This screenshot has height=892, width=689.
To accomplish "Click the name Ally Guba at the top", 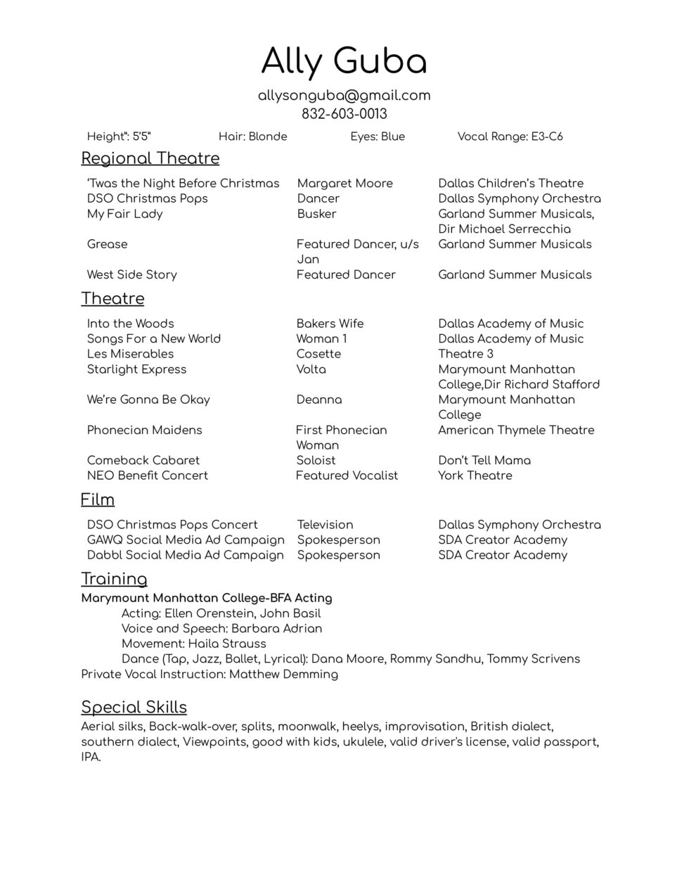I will click(x=344, y=61).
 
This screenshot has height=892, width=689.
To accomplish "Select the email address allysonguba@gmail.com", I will click(x=344, y=96).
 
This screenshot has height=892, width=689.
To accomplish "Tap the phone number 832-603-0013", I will click(x=344, y=114).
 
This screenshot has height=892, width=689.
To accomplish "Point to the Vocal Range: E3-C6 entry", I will click(x=510, y=136).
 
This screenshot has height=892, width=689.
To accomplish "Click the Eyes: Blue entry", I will click(x=378, y=136).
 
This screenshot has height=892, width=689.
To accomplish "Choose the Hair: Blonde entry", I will click(x=252, y=136).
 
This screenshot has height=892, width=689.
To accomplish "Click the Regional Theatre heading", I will click(x=150, y=158).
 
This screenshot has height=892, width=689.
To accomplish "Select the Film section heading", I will click(x=97, y=499).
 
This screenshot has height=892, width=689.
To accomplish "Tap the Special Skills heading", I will click(x=134, y=707).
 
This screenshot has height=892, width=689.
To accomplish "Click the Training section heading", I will click(x=114, y=579).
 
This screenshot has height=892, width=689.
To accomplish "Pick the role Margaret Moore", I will click(x=344, y=184).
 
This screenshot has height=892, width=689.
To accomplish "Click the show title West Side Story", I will click(x=131, y=275).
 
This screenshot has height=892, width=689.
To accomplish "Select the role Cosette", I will click(x=318, y=354).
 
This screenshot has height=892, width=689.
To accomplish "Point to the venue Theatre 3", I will click(x=465, y=354).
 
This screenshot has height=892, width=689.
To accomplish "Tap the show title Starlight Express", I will click(x=136, y=369).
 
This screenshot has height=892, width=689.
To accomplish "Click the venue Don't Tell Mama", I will click(x=484, y=461).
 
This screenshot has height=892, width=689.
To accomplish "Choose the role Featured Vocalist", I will click(x=347, y=476).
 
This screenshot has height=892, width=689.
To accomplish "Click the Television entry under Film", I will click(x=325, y=525).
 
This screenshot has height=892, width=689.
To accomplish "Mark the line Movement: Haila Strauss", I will click(x=193, y=644).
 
